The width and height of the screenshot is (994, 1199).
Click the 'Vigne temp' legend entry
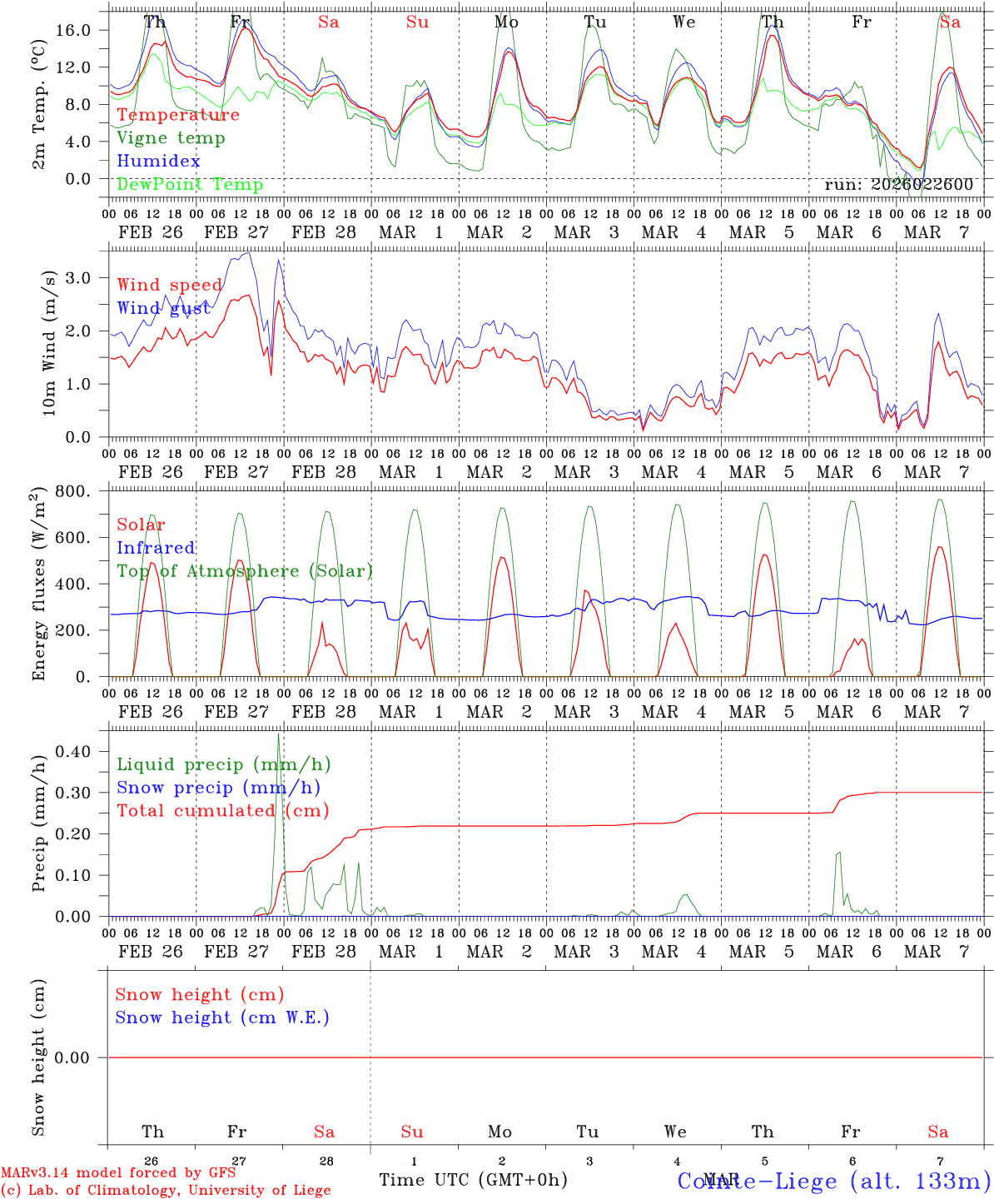(171, 138)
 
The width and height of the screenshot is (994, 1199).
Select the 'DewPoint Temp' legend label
(190, 185)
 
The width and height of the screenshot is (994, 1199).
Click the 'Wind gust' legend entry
(164, 308)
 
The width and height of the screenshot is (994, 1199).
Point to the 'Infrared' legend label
(156, 548)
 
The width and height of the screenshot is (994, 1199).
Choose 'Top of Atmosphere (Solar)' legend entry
(245, 571)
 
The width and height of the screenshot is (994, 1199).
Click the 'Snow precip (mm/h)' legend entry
(218, 788)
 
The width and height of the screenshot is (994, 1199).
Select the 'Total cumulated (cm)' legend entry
(222, 811)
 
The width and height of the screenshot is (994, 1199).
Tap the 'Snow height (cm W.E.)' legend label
(222, 1017)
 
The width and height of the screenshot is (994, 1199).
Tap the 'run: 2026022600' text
(898, 185)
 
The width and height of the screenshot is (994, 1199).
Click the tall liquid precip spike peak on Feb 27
(278, 734)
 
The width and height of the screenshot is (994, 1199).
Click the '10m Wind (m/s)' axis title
(49, 343)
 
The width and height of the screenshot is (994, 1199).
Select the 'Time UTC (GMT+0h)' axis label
(473, 1180)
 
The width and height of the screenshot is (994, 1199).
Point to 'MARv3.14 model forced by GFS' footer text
(118, 1173)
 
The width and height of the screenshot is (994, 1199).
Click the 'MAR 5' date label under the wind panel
(761, 472)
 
